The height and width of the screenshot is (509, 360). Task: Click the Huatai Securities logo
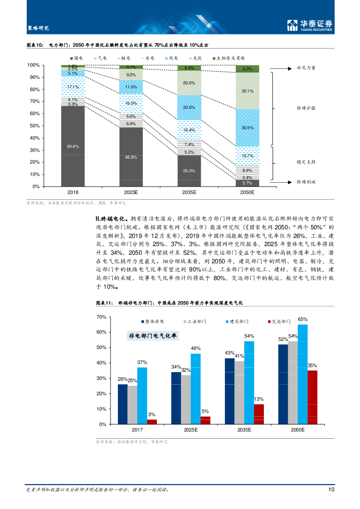click(x=310, y=25)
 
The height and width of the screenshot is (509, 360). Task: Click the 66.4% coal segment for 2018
click(x=73, y=146)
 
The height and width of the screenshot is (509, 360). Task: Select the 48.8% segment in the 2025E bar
click(x=131, y=157)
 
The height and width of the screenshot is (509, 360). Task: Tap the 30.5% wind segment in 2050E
click(x=247, y=128)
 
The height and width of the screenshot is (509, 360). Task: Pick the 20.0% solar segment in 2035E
click(x=189, y=83)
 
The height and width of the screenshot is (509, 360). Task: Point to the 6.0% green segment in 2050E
click(x=247, y=69)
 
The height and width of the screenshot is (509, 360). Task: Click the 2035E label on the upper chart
click(x=189, y=192)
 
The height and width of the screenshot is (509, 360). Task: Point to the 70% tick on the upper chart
click(x=34, y=102)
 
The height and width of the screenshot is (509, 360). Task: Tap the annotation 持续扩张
click(x=306, y=108)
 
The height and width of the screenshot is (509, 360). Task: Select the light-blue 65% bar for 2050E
click(x=302, y=374)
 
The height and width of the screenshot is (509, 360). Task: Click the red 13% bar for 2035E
click(x=258, y=414)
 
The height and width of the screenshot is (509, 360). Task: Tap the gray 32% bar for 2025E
click(x=186, y=400)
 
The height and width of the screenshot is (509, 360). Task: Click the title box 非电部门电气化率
click(x=153, y=336)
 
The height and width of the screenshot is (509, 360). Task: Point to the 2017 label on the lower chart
click(x=137, y=429)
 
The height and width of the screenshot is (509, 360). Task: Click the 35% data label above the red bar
click(x=312, y=365)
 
